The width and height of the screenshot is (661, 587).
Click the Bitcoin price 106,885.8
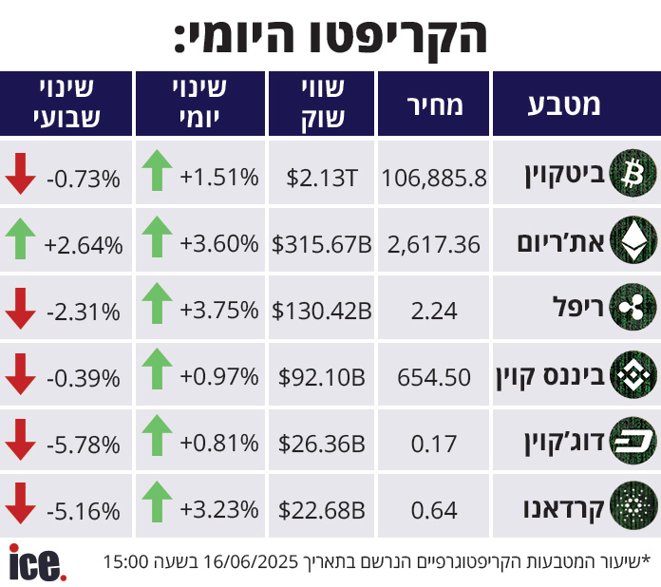tap(434, 177)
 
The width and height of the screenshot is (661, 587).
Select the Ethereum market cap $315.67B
tap(318, 244)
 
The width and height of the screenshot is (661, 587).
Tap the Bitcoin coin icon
tap(632, 174)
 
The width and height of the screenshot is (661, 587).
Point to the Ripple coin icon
tap(632, 309)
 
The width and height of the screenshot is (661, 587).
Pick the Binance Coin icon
tap(632, 376)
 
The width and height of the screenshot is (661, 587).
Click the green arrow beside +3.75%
tap(158, 306)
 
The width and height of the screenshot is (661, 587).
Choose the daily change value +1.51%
tap(219, 177)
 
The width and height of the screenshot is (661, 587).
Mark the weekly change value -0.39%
tap(83, 378)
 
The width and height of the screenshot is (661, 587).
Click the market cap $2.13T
tap(321, 177)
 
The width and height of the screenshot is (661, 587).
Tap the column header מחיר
tap(434, 104)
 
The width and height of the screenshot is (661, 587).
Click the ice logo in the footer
tap(37, 561)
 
